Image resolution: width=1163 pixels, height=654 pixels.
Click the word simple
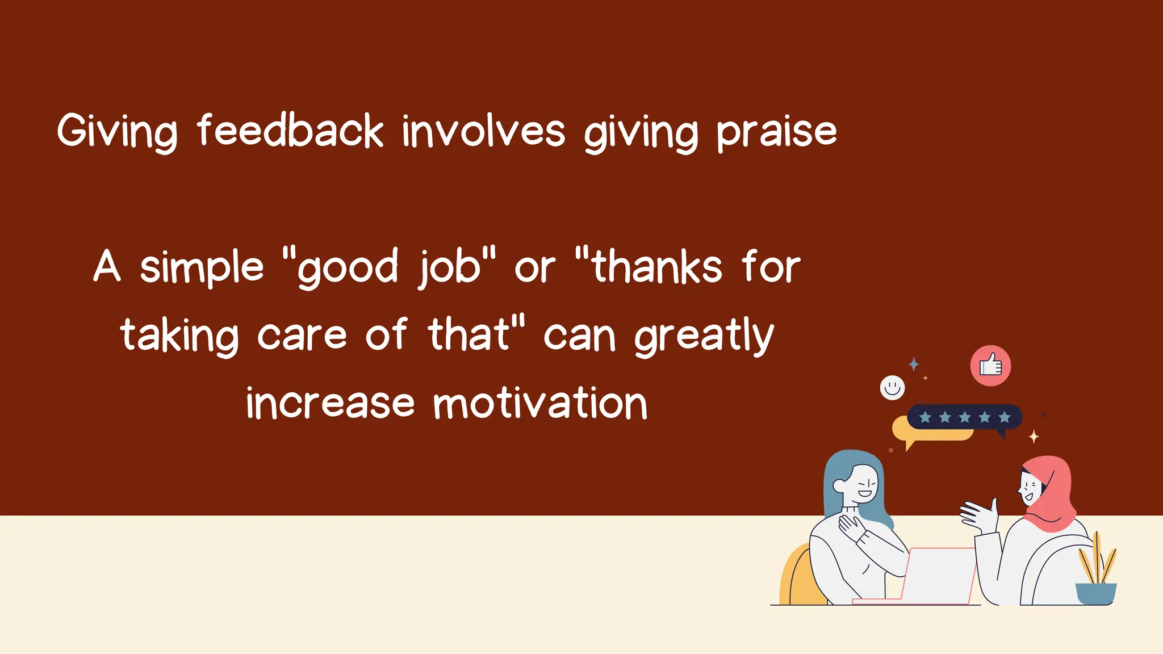tap(202, 268)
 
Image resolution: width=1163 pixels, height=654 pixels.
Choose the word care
tap(302, 335)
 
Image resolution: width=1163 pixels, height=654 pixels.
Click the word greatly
tap(704, 336)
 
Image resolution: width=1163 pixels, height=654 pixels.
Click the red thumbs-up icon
tap(990, 366)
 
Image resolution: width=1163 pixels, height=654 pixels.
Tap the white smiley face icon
tap(892, 388)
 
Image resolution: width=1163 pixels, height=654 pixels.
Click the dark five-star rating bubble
tap(964, 417)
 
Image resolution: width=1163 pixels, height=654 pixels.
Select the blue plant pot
tap(1095, 593)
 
